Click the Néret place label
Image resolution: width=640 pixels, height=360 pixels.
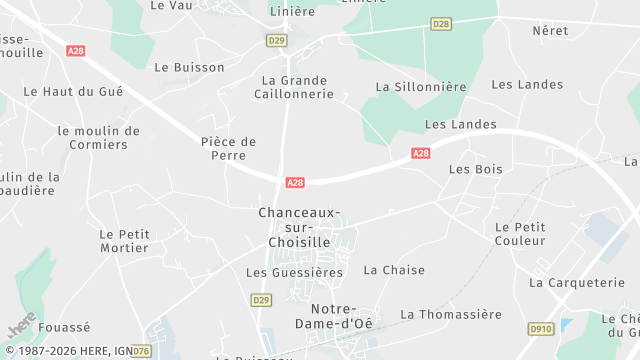click(550, 31)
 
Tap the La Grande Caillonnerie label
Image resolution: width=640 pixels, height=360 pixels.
click(297, 87)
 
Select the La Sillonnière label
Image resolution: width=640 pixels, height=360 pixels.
click(421, 87)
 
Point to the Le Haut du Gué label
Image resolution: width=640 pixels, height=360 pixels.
click(73, 91)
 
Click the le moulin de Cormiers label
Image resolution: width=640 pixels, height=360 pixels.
click(99, 138)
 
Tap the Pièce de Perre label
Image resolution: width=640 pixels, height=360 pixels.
click(229, 149)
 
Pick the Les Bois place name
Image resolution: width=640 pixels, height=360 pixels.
click(476, 170)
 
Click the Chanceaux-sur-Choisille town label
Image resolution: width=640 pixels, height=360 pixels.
click(299, 227)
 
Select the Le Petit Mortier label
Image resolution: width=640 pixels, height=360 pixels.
click(124, 241)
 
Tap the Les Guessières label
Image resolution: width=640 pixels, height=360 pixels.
click(294, 272)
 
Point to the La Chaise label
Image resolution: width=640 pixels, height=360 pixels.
click(394, 270)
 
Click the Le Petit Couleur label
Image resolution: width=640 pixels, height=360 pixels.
click(520, 234)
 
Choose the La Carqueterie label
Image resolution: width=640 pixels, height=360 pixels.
click(577, 283)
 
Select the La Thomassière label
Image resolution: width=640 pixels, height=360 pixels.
click(451, 314)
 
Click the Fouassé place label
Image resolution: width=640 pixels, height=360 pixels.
click(64, 327)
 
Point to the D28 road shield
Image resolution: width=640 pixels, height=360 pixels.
click(441, 23)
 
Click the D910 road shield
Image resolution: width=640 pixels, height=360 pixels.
click(540, 328)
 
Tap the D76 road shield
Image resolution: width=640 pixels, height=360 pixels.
click(141, 351)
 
